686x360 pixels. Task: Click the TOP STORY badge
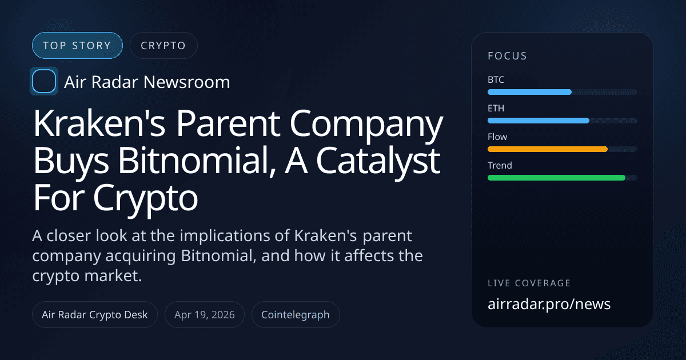(77, 46)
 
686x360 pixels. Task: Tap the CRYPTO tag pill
(163, 46)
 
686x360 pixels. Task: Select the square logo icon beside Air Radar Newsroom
(44, 82)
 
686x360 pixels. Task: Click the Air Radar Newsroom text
(147, 82)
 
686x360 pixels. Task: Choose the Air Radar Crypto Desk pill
(95, 315)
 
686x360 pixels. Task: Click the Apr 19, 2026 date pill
(205, 315)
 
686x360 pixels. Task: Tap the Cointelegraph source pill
(296, 315)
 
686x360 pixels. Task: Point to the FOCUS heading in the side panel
(507, 56)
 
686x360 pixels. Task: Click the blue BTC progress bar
(529, 92)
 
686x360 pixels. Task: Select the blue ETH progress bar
(538, 121)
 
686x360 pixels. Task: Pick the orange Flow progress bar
(547, 149)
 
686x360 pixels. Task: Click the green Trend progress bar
(556, 178)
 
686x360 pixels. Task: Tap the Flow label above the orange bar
(497, 137)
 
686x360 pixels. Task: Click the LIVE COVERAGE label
(529, 283)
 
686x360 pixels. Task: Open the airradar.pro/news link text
(549, 304)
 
